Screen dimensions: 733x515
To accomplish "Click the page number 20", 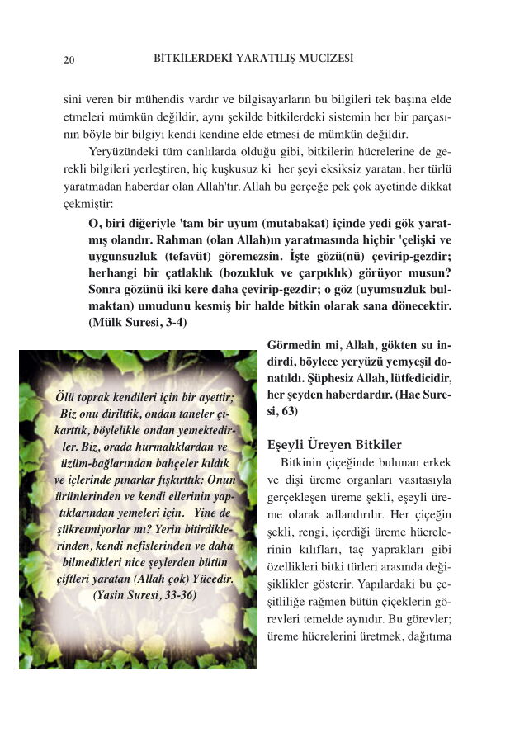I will [69, 60].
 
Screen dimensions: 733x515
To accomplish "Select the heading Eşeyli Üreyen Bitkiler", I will [334, 444].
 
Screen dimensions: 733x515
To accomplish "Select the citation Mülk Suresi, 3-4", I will [137, 323].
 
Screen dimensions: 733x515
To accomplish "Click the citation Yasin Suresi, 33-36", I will [144, 593].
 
